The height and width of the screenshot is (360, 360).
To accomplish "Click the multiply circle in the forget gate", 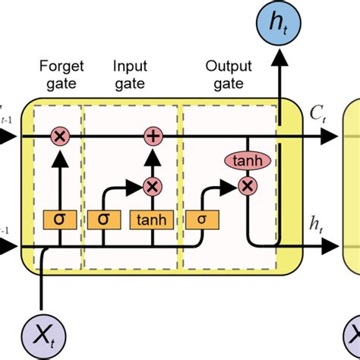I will coord(58,137).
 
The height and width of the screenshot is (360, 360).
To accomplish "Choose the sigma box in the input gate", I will coord(105,219).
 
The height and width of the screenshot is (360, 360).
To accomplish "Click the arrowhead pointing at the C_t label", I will coord(331,137).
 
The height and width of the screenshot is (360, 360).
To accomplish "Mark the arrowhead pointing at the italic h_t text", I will coord(331,246).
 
